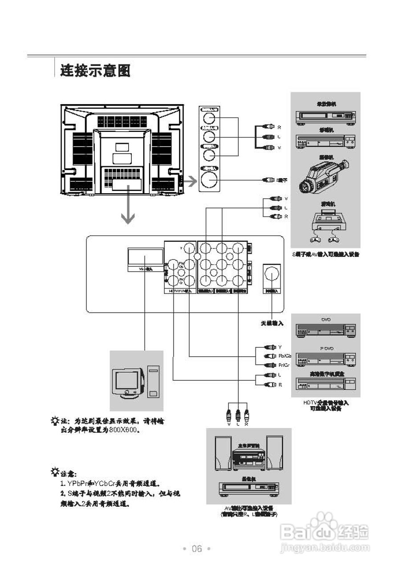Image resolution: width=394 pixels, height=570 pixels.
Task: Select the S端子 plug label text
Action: (x=282, y=180)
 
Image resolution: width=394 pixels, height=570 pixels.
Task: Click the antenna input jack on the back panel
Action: (x=272, y=276)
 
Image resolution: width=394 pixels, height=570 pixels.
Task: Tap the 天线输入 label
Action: (x=272, y=323)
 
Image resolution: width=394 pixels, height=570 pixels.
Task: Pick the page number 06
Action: (x=197, y=549)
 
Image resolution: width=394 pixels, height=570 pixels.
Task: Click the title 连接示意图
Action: (x=95, y=70)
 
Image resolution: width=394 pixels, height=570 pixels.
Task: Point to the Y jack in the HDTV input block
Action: (x=189, y=248)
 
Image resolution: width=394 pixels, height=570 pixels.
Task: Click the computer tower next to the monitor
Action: (x=153, y=383)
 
